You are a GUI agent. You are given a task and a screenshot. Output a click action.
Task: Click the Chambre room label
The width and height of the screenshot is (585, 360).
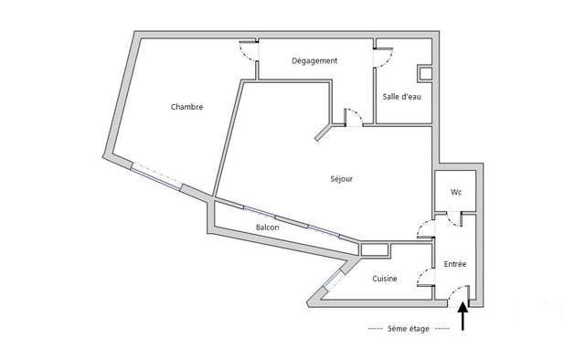[x=186, y=107]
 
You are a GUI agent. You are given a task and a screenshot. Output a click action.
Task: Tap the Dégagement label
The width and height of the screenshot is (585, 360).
[x=314, y=61]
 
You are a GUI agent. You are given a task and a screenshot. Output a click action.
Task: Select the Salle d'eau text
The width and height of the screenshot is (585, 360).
[x=402, y=98]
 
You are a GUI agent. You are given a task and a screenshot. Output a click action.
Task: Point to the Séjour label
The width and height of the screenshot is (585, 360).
[x=341, y=179]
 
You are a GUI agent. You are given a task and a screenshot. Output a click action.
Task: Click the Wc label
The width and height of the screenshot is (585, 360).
[x=455, y=193]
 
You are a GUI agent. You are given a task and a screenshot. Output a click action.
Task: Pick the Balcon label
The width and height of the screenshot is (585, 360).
[x=267, y=228]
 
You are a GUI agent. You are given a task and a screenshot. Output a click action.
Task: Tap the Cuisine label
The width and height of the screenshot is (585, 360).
[x=383, y=279]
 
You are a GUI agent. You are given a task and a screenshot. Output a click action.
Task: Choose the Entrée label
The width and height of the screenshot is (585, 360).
[x=455, y=264]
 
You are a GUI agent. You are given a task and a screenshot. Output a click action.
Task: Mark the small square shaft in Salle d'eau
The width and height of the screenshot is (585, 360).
[x=425, y=73]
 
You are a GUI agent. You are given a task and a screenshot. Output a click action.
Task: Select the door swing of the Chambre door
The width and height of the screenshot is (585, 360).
[x=248, y=51]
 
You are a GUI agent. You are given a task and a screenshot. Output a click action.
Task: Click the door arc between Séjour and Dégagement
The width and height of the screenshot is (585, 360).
[x=356, y=117]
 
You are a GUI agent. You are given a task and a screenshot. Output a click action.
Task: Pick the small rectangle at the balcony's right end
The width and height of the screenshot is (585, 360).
[x=375, y=248]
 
